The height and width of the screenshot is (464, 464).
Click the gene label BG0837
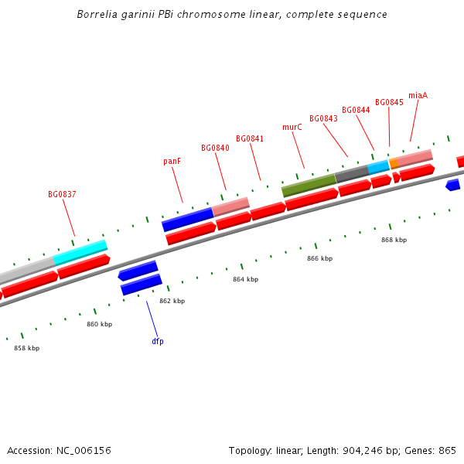click(x=62, y=195)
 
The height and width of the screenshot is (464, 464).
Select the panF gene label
click(x=172, y=162)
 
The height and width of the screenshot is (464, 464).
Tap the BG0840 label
click(x=215, y=148)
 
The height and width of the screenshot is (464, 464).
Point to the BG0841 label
click(x=250, y=139)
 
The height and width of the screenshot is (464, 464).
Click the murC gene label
click(x=292, y=128)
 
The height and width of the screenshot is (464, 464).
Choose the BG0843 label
click(x=323, y=119)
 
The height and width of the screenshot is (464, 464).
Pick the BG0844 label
click(x=356, y=111)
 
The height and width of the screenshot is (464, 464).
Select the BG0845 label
click(x=389, y=103)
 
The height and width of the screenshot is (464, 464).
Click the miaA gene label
click(x=418, y=96)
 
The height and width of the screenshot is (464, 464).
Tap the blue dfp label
click(x=158, y=341)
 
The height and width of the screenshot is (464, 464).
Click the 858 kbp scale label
click(x=26, y=349)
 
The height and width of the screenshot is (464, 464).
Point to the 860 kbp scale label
click(x=99, y=325)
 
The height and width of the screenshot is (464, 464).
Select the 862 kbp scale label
click(x=172, y=302)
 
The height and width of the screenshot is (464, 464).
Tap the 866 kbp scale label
click(x=319, y=259)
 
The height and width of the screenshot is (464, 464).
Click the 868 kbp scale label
click(x=394, y=241)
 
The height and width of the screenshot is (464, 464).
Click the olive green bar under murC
click(x=309, y=185)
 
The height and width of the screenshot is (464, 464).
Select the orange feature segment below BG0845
click(x=394, y=164)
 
